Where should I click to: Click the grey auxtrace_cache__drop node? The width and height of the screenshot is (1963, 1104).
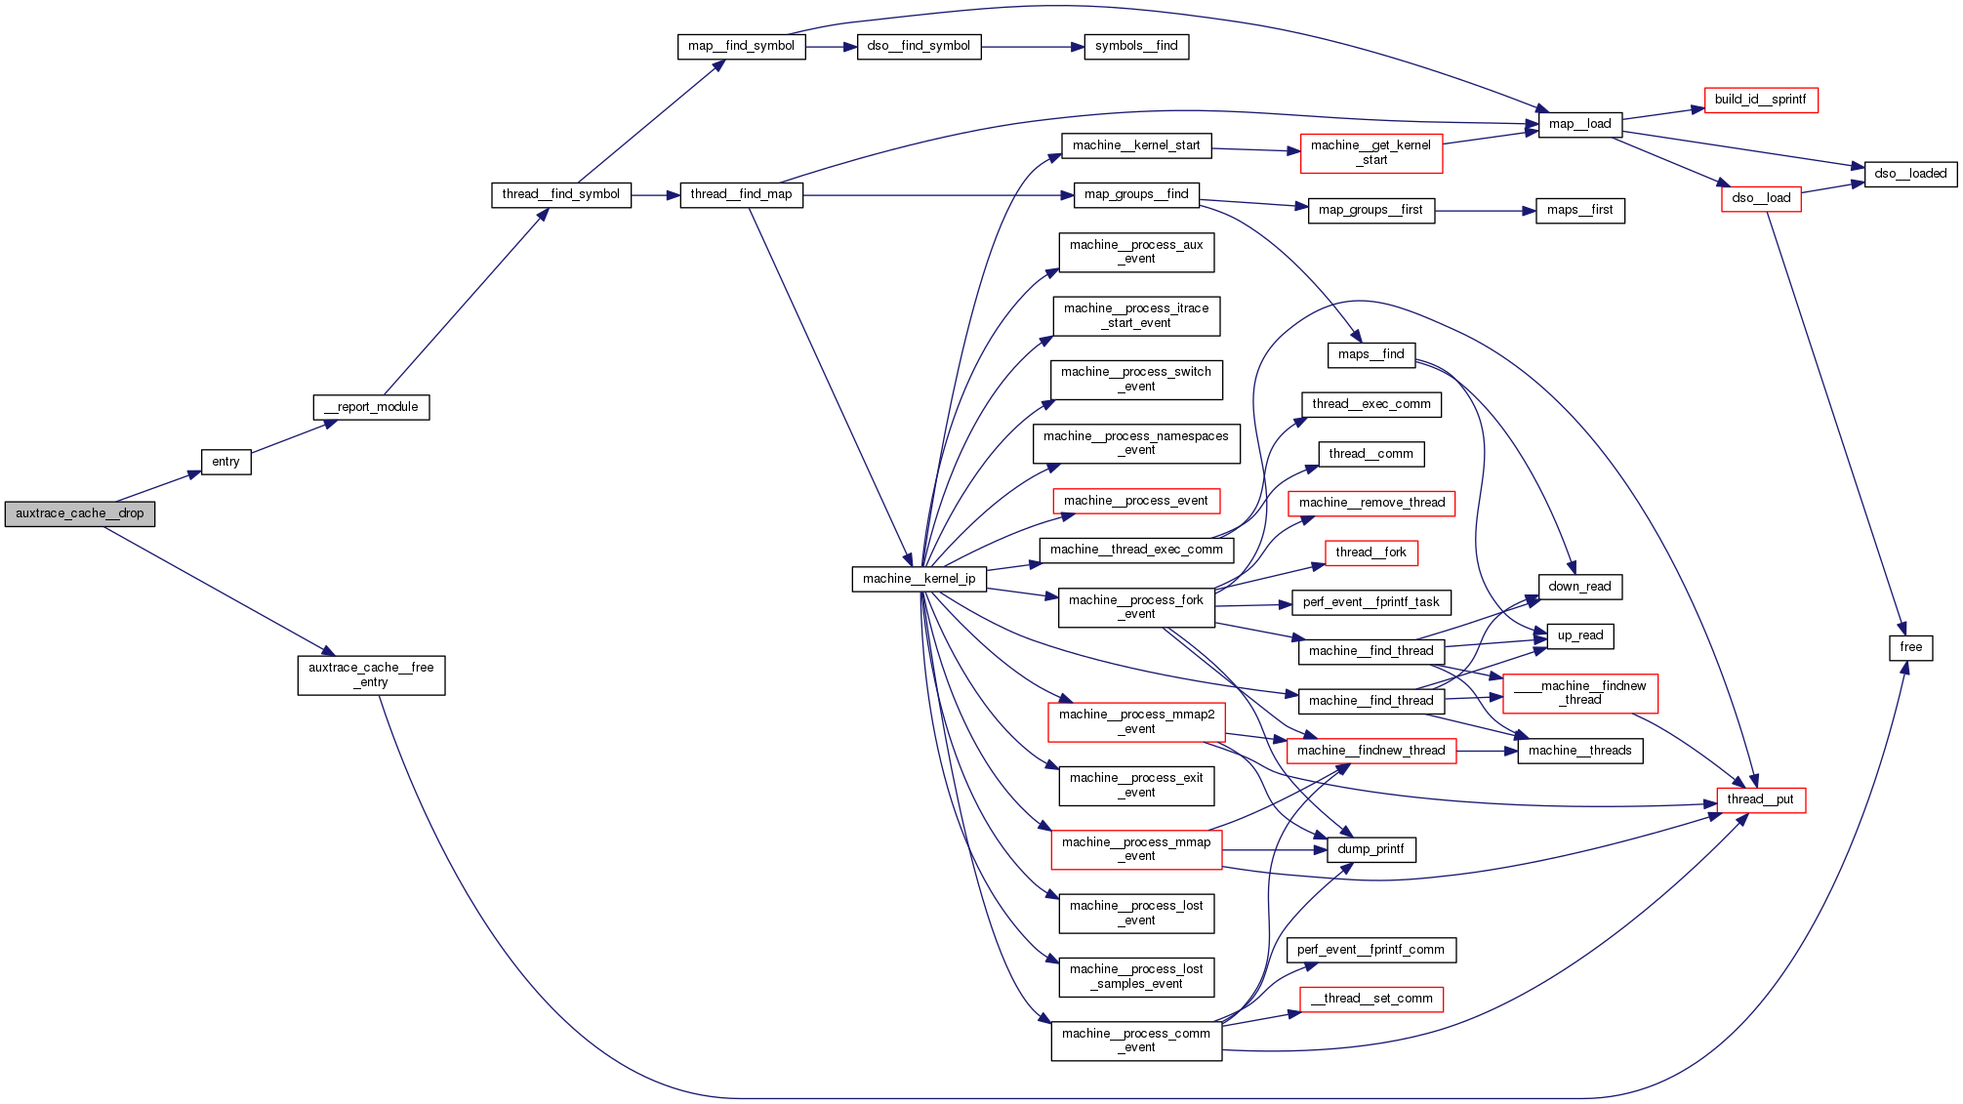(80, 513)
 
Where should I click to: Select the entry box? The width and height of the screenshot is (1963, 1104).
(225, 462)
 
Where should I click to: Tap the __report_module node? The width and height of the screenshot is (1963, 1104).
(371, 407)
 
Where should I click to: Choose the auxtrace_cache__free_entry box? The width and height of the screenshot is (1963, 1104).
(371, 675)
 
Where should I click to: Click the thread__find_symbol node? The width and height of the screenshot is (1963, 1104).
(560, 194)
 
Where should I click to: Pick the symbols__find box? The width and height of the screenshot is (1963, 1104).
(1136, 46)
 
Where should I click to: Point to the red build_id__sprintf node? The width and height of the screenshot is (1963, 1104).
(1760, 100)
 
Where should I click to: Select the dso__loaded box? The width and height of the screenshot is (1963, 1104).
(1910, 174)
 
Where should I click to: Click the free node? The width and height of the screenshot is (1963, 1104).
(1910, 647)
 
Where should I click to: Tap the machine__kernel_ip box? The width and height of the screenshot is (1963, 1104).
(919, 579)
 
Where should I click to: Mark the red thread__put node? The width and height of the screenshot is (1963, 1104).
(1760, 799)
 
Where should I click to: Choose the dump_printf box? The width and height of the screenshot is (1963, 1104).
(1370, 849)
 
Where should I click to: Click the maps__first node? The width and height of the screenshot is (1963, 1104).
(1579, 210)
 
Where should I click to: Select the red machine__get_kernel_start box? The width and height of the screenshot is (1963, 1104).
(1370, 153)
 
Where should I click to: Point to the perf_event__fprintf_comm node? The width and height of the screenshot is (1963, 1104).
(1370, 950)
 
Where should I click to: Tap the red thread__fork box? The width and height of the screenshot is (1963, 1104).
(1370, 552)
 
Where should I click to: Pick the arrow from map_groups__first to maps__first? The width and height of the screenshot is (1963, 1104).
(1485, 211)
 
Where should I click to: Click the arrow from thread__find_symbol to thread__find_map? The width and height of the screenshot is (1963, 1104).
(655, 195)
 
